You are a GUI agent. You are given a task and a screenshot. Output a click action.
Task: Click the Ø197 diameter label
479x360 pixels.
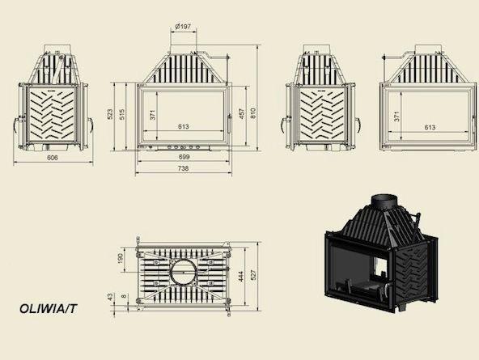(184, 27)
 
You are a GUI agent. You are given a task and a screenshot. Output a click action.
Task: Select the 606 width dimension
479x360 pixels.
(53, 158)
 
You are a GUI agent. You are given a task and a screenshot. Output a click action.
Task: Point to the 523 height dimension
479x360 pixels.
(110, 114)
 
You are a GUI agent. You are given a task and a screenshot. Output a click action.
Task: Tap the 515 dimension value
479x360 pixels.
(121, 114)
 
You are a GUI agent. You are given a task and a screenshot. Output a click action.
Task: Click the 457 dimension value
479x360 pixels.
(242, 114)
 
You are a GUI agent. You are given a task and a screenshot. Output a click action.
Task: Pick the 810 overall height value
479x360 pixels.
(252, 113)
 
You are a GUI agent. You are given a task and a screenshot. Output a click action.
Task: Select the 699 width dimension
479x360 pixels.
(184, 157)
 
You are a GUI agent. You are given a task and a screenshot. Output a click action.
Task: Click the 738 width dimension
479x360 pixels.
(183, 168)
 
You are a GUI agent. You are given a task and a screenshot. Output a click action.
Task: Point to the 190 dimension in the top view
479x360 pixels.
(120, 258)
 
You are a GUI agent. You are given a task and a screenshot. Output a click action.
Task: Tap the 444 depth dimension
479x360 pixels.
(241, 277)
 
